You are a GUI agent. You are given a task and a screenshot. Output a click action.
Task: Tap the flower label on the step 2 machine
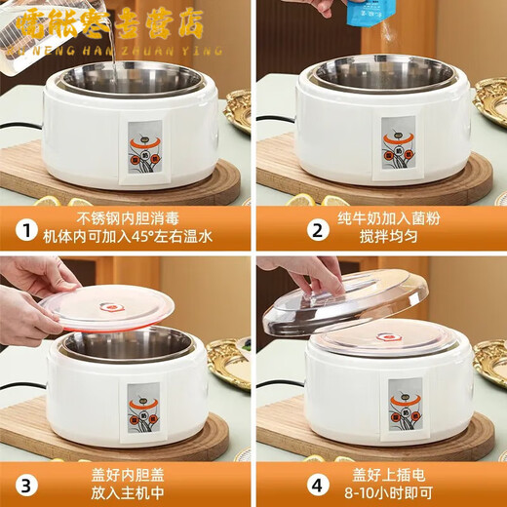398,148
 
